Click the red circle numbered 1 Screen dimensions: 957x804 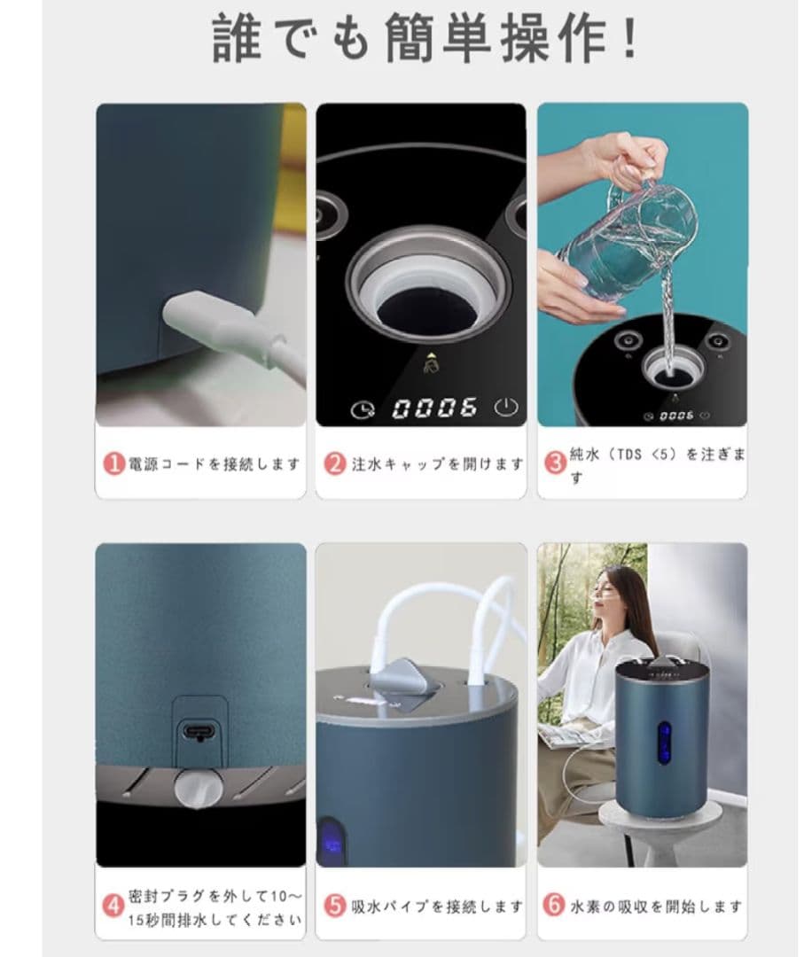pyautogui.click(x=114, y=463)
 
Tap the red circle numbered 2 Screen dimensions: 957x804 pyautogui.click(x=334, y=463)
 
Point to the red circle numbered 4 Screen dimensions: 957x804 pyautogui.click(x=113, y=906)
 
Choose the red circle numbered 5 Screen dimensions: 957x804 pyautogui.click(x=334, y=906)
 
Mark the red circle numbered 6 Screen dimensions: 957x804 pyautogui.click(x=554, y=906)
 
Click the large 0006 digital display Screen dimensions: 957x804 pyautogui.click(x=434, y=408)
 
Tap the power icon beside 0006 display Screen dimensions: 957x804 pyautogui.click(x=504, y=408)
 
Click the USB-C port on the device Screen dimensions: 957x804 pyautogui.click(x=199, y=732)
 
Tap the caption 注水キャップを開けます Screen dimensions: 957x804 pyautogui.click(x=437, y=463)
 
